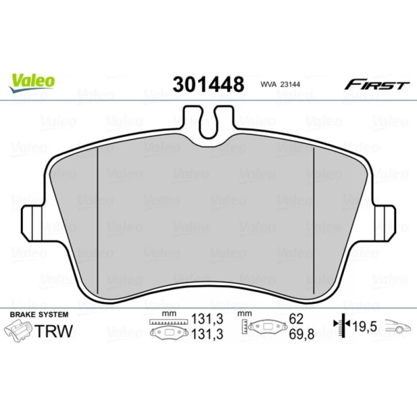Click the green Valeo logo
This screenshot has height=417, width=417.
32,83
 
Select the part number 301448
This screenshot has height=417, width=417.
208,84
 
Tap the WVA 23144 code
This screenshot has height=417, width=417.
280,84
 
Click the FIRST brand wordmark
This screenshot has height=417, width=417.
376,84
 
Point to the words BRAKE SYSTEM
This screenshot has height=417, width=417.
39,314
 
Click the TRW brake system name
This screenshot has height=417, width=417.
54,331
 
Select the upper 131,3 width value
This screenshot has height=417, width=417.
207,318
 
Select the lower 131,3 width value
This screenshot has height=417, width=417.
207,334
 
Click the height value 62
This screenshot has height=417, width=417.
296,318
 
